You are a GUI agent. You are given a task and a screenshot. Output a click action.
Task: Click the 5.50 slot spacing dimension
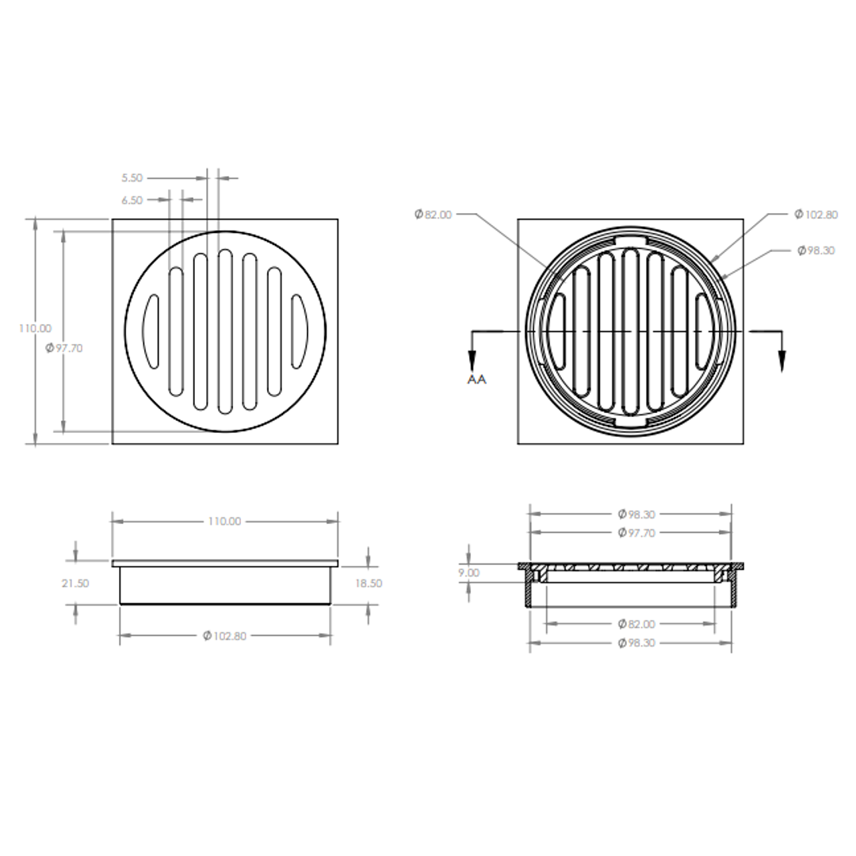(x=132, y=178)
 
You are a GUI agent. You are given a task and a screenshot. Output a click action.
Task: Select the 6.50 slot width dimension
(x=132, y=201)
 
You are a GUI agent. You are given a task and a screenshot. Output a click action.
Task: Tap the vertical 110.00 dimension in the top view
(x=35, y=328)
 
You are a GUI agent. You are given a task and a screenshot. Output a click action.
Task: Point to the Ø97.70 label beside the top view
(x=64, y=348)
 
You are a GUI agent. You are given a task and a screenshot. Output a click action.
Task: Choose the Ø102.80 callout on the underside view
(x=816, y=215)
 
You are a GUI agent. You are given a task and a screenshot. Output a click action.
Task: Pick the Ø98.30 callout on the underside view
(x=816, y=250)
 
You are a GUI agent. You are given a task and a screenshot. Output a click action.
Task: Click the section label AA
(x=476, y=380)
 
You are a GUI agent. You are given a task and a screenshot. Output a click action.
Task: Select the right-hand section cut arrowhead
(x=781, y=361)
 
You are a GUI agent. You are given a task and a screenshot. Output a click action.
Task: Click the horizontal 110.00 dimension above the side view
(x=224, y=522)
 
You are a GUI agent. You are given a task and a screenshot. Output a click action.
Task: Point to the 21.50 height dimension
(x=75, y=583)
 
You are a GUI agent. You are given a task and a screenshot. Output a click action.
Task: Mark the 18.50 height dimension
(x=369, y=583)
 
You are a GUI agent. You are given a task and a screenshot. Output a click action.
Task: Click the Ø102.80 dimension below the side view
(x=225, y=636)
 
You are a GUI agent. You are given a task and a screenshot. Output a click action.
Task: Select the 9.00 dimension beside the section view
(x=468, y=573)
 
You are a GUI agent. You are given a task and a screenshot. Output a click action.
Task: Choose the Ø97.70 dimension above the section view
(x=636, y=533)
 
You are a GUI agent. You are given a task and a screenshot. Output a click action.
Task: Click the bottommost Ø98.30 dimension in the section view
(x=636, y=643)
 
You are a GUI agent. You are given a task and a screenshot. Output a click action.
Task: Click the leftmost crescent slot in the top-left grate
(x=151, y=331)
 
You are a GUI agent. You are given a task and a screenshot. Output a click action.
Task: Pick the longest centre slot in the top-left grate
(x=225, y=331)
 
